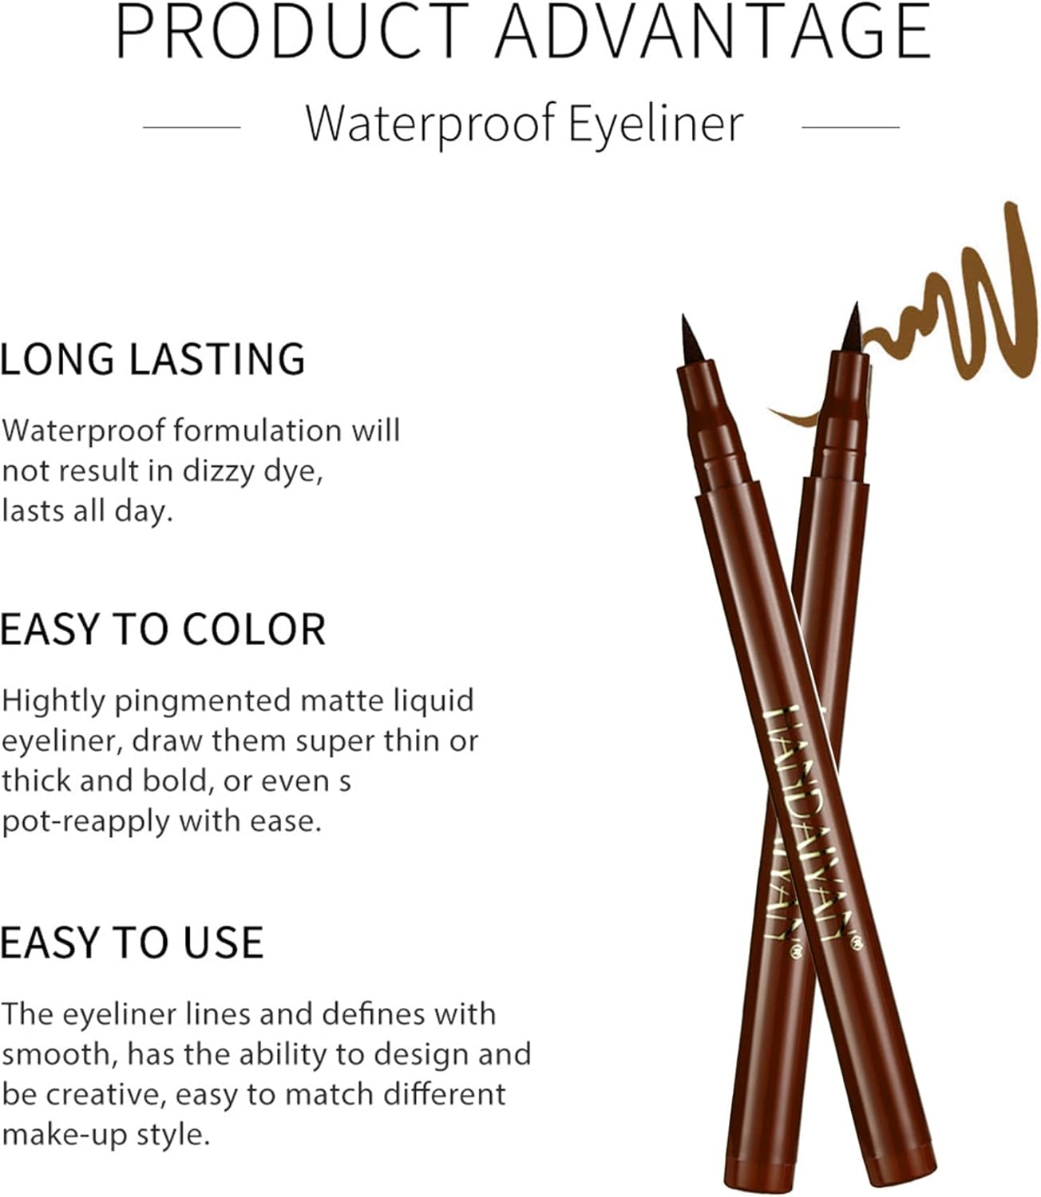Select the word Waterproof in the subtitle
point(429,124)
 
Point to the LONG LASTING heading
point(152,359)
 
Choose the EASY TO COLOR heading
point(163,630)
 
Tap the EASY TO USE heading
point(132,942)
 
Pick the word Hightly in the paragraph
point(54,701)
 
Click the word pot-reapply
point(86,821)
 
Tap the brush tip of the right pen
point(852,327)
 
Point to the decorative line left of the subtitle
point(192,127)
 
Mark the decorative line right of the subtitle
point(850,127)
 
